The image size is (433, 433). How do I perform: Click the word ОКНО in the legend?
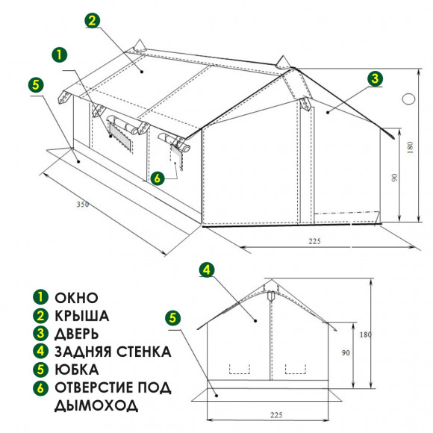click(76, 298)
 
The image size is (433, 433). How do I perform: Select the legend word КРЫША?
click(81, 316)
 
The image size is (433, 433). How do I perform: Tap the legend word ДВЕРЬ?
click(76, 334)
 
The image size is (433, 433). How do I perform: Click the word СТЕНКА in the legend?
click(143, 352)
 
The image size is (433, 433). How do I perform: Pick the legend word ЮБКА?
click(77, 370)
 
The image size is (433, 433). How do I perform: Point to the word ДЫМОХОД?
click(96, 405)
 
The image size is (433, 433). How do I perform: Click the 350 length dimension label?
click(83, 205)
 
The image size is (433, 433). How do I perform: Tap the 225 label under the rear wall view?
click(276, 415)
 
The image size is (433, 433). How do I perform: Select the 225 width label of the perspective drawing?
click(314, 241)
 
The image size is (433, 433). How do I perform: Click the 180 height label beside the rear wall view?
click(365, 334)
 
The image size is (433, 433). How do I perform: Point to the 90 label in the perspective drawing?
click(395, 178)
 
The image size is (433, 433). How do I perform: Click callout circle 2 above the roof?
click(93, 20)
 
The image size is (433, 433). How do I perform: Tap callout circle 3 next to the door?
click(375, 78)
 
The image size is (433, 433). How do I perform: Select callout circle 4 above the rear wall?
click(207, 270)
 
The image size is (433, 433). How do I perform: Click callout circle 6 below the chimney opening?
click(157, 178)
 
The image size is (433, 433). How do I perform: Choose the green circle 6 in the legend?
click(40, 387)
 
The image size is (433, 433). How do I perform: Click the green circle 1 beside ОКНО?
click(40, 297)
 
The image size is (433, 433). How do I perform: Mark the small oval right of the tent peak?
click(408, 99)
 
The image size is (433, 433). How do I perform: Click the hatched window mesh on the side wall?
click(120, 135)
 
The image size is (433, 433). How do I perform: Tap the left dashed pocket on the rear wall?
click(240, 370)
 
